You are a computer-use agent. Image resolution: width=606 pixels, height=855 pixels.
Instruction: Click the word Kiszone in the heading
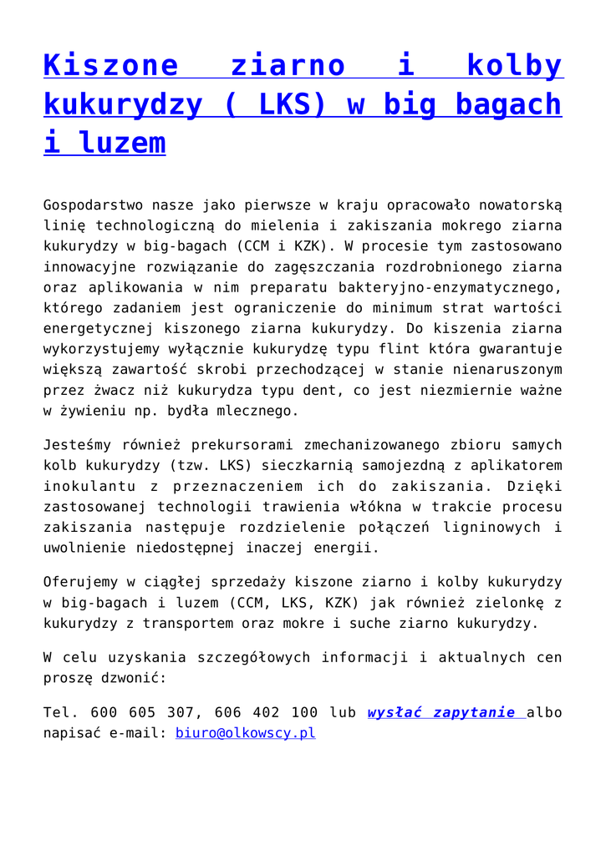pyautogui.click(x=110, y=65)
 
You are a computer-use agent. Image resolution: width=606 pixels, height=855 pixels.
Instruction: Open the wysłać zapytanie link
pyautogui.click(x=441, y=713)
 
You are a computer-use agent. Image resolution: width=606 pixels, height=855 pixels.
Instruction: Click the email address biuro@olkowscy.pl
pyautogui.click(x=245, y=734)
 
